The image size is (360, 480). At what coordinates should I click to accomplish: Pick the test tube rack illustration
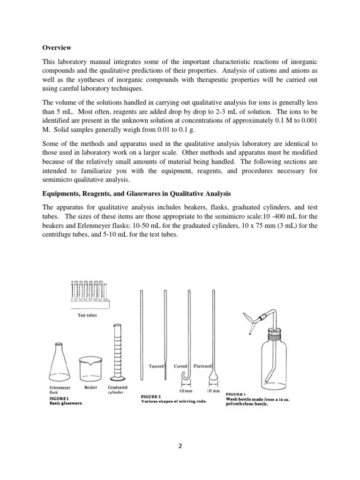click(x=90, y=298)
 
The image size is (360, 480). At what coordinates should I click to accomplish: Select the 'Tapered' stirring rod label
click(x=156, y=366)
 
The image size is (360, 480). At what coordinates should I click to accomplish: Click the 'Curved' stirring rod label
click(x=180, y=366)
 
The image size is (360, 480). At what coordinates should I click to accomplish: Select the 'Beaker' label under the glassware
click(x=91, y=388)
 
